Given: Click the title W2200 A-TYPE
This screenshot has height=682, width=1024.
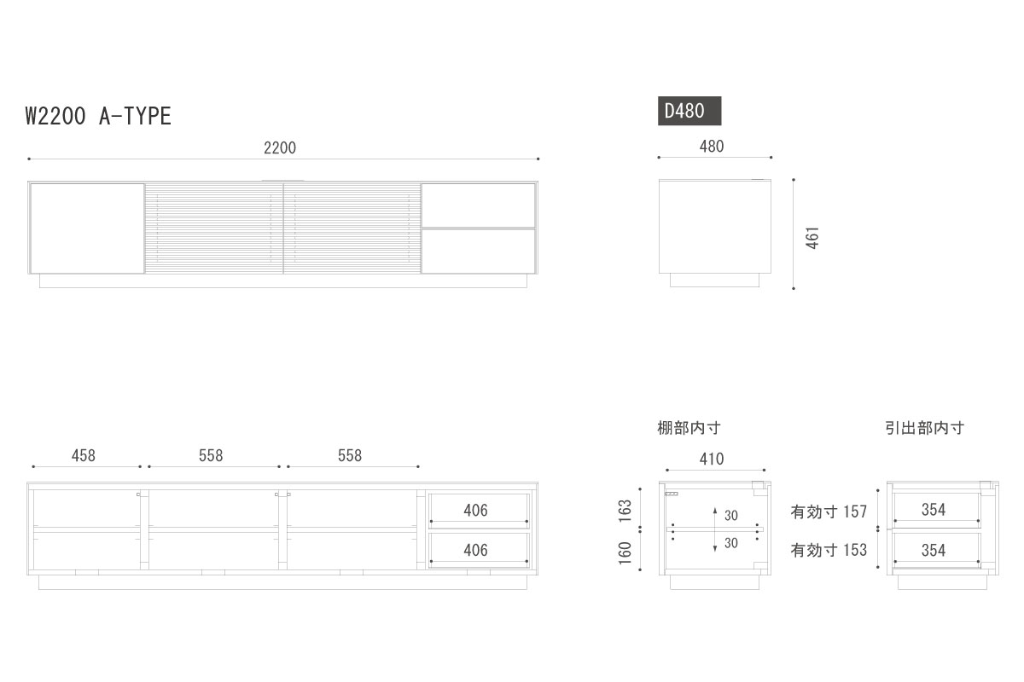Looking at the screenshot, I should (98, 116).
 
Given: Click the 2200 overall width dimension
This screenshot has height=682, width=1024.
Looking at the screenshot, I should (280, 147).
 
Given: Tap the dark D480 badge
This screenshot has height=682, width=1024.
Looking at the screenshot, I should (689, 111).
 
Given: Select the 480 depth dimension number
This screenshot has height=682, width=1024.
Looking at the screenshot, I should (712, 146).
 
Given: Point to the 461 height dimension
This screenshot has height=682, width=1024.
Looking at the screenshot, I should (813, 237).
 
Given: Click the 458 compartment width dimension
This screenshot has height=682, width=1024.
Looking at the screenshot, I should (84, 455).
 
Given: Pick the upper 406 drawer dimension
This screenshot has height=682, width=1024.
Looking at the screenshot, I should (475, 510).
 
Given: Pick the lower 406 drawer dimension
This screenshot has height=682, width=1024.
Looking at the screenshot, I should (475, 550).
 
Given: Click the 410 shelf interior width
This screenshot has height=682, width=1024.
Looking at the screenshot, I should (712, 459).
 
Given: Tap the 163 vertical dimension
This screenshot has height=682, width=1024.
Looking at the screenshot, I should (625, 511).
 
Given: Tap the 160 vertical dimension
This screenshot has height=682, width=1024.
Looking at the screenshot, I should (625, 552).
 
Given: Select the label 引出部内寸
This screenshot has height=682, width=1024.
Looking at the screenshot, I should (924, 428).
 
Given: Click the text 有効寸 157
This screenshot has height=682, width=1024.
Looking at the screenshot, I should (829, 511).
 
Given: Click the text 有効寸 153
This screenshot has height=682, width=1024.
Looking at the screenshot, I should (829, 550).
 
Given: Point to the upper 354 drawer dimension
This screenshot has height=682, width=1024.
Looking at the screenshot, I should (934, 509).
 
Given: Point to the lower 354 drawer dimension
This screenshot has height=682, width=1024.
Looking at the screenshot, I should (934, 550).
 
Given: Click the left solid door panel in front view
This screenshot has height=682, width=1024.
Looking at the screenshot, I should (87, 228).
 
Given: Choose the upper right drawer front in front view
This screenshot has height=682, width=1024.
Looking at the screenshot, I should (478, 205).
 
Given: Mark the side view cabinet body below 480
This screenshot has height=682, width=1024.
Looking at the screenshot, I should (715, 226).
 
